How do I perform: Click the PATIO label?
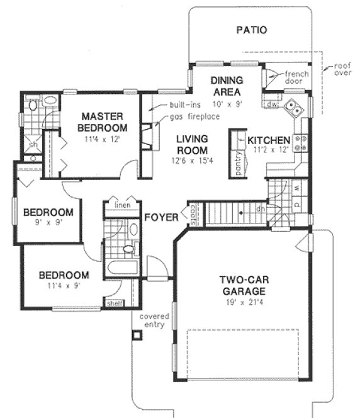(x=251, y=30)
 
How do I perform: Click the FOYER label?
(x=159, y=218)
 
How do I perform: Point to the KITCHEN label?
(x=268, y=140)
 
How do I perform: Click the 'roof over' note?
(x=342, y=68)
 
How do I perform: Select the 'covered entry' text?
(x=152, y=320)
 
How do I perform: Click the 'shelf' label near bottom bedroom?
(x=114, y=303)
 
